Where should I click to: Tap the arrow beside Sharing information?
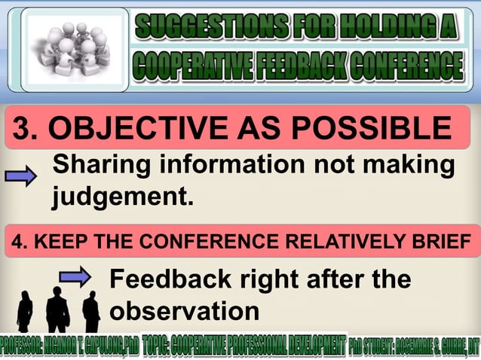[x=21, y=178]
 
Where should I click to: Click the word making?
[x=411, y=166]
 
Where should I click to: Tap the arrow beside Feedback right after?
[x=75, y=278]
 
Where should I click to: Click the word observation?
[x=184, y=311]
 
